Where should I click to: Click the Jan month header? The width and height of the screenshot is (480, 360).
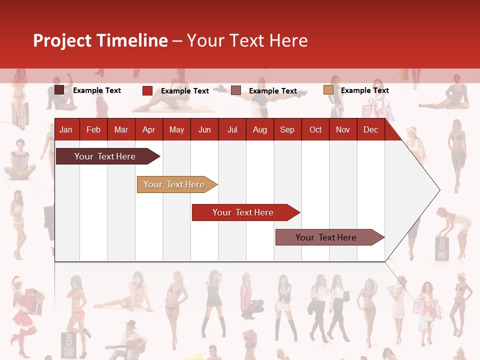coord(66,130)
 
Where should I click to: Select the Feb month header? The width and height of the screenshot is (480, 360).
coord(93,130)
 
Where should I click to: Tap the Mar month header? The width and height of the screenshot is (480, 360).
coord(121,130)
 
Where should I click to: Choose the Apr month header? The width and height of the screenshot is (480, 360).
coord(149,130)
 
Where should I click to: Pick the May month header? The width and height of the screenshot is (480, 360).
coord(176,130)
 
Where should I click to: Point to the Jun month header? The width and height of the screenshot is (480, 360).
coord(204,130)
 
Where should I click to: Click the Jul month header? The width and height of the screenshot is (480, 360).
coord(232,130)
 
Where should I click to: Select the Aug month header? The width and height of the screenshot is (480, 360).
coord(260,130)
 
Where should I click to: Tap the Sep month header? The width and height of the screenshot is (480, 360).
coord(287,130)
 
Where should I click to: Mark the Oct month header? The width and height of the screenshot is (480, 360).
coord(315,130)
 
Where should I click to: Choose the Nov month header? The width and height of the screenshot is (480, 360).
coord(343,130)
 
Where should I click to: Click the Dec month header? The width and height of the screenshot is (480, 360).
coord(371,130)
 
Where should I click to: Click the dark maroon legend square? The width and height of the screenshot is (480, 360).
coord(59,90)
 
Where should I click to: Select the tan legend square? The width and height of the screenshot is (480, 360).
coord(328,90)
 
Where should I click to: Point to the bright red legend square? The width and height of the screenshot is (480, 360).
coord(147,90)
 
